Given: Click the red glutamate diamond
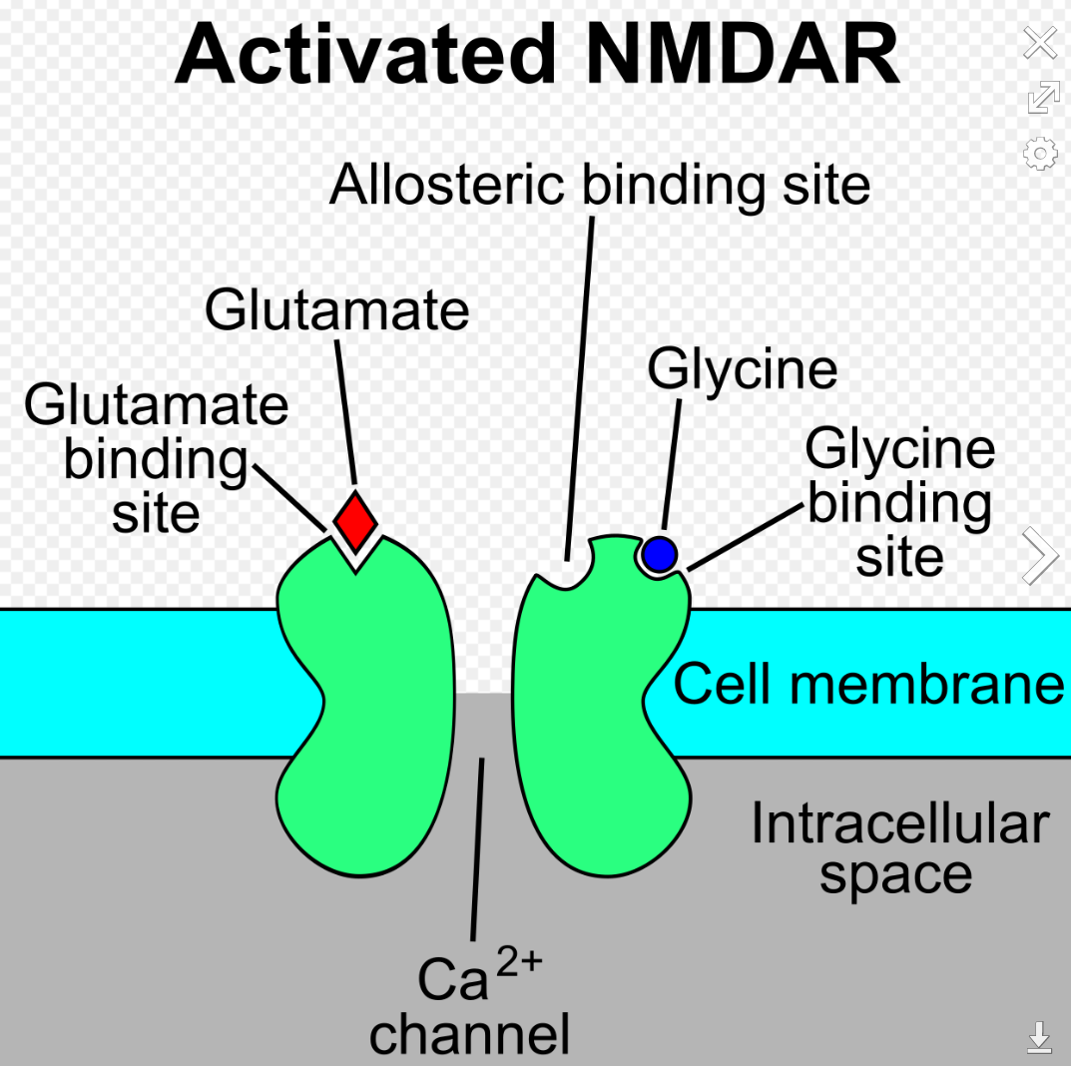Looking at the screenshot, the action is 355,522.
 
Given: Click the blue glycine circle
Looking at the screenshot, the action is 659,554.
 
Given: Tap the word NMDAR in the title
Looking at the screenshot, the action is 744,53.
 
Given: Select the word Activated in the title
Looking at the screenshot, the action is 365,53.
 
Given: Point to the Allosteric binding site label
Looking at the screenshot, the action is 600,185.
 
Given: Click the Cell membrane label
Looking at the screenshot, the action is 868,684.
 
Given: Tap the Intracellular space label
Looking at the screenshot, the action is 899,848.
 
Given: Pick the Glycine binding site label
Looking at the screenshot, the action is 900,502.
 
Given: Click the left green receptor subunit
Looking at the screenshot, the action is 365,704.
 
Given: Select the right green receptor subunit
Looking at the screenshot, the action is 601,704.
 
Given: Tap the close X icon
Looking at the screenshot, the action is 1040,43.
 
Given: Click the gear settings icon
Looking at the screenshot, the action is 1040,153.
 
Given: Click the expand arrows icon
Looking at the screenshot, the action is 1044,97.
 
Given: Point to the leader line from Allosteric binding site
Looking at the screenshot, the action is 579,388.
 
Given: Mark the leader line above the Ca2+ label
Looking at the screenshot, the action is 477,848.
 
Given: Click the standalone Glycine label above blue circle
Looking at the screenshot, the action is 743,370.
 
